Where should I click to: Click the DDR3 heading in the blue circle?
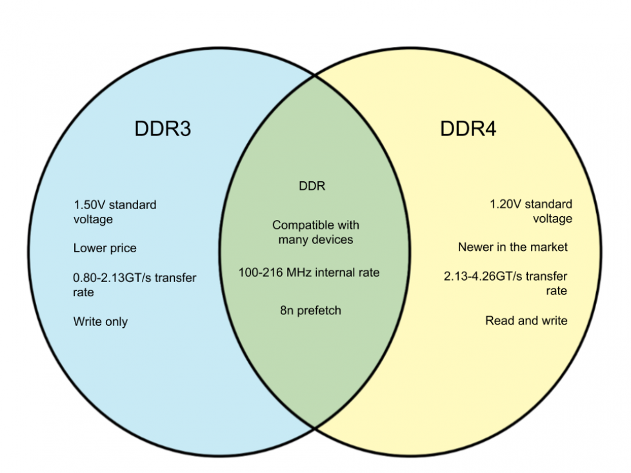pyautogui.click(x=163, y=128)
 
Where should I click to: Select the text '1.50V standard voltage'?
pyautogui.click(x=114, y=212)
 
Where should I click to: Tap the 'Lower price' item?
pyautogui.click(x=105, y=248)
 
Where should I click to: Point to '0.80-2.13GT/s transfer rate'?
pyautogui.click(x=134, y=285)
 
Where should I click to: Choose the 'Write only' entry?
pyautogui.click(x=100, y=321)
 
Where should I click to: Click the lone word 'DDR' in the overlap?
pyautogui.click(x=312, y=186)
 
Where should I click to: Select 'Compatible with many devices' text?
pyautogui.click(x=315, y=232)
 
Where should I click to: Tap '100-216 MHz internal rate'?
pyautogui.click(x=309, y=272)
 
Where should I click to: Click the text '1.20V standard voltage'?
pyautogui.click(x=530, y=212)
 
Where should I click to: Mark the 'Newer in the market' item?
pyautogui.click(x=513, y=247)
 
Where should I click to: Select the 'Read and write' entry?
pyautogui.click(x=526, y=320)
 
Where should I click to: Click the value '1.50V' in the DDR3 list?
pyautogui.click(x=88, y=205)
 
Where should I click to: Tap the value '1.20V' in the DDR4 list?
pyautogui.click(x=504, y=205)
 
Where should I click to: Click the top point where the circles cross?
pyautogui.click(x=315, y=75)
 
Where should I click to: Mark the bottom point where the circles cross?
pyautogui.click(x=315, y=427)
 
